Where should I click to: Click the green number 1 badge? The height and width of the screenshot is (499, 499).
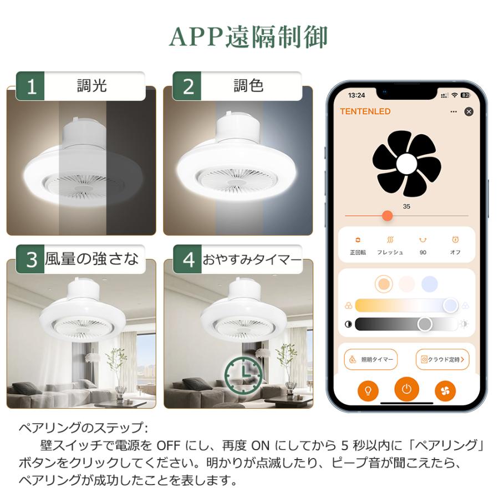[30, 86]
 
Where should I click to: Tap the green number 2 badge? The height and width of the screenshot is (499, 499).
[187, 86]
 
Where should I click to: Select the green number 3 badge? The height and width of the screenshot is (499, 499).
[30, 259]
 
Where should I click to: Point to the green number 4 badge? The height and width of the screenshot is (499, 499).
[187, 259]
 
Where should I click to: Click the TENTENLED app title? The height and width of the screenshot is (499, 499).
[365, 111]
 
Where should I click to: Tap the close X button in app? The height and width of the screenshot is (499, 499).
[469, 111]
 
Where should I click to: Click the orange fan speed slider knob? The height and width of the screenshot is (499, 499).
[387, 216]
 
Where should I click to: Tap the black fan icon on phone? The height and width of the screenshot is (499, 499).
[407, 164]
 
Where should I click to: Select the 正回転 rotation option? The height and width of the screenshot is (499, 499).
[358, 246]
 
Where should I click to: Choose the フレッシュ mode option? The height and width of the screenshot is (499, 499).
[390, 246]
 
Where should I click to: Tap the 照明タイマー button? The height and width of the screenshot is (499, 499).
[371, 360]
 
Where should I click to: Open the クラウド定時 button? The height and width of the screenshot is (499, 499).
[442, 360]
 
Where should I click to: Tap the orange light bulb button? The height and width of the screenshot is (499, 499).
[368, 390]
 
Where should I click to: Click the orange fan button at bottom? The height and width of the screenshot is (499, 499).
[445, 390]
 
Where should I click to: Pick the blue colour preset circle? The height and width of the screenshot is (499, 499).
[429, 284]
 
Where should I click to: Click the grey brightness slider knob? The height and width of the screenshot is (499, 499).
[425, 324]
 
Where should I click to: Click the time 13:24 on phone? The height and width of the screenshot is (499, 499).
[357, 95]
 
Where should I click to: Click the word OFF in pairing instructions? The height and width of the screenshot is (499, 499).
[169, 445]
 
